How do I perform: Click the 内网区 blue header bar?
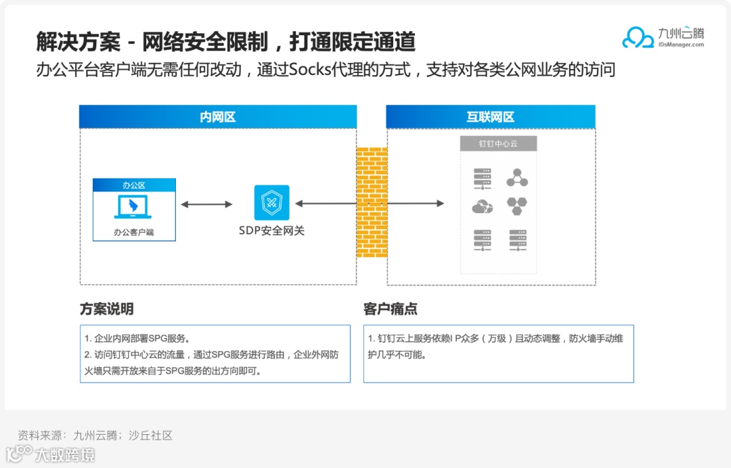pos(218,117)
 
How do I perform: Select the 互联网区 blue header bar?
pos(491,117)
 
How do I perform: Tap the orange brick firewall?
pos(372,202)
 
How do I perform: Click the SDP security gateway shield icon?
pos(271,202)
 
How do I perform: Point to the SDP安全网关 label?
pos(271,231)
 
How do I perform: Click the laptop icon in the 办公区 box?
pos(134,207)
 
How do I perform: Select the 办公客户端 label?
pos(134,232)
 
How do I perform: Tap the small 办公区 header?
pos(134,185)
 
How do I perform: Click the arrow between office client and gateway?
pos(206,204)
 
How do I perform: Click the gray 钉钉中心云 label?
pos(498,144)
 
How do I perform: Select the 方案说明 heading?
pos(106,310)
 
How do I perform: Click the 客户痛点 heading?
pos(391,310)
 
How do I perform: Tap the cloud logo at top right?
pos(638,38)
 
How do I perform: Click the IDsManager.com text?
pos(681,45)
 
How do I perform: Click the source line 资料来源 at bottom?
pos(95,436)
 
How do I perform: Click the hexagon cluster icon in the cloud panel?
pos(518,206)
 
